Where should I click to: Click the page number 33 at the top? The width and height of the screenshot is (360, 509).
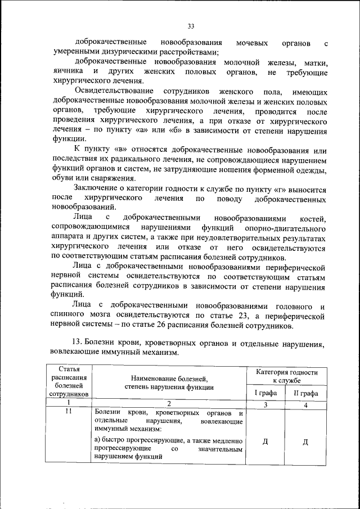point(191,26)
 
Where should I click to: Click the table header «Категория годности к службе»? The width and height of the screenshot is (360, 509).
point(286,376)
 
